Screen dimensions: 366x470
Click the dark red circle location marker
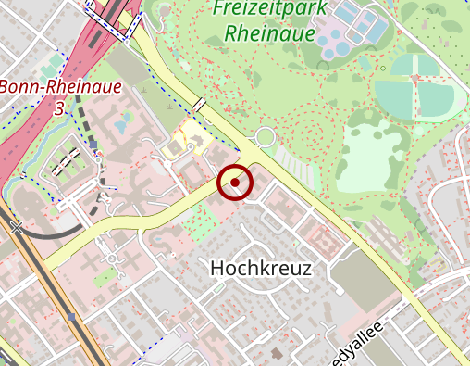[235, 183]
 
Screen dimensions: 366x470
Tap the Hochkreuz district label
[262, 269]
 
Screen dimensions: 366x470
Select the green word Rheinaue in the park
[263, 35]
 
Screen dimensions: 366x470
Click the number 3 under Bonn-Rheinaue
[60, 109]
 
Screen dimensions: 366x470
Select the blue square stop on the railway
[71, 316]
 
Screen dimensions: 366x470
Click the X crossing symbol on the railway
[16, 225]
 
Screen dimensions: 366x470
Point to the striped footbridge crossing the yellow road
[200, 104]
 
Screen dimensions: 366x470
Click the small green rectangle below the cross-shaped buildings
[105, 275]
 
